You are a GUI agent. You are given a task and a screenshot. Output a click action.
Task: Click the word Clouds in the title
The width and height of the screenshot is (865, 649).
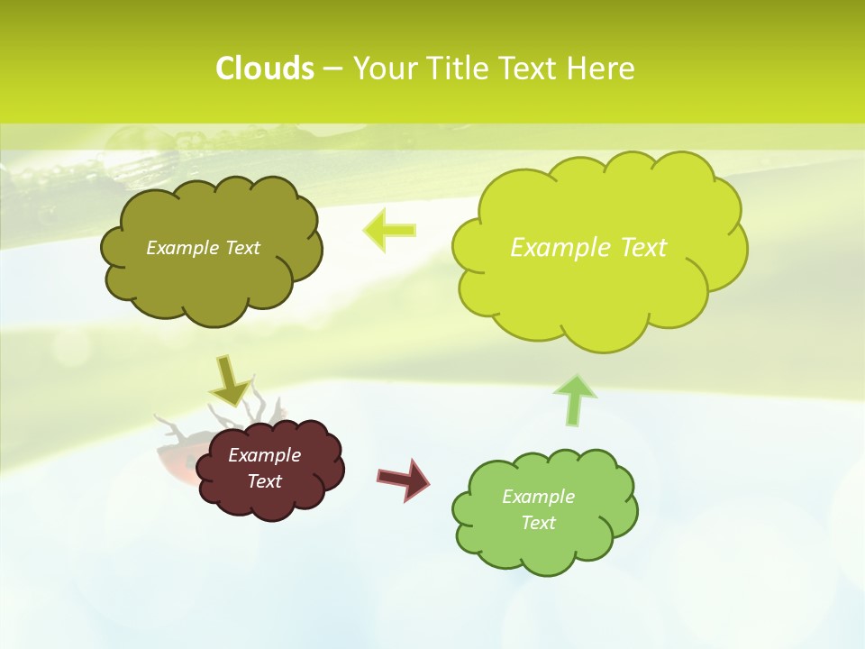pyautogui.click(x=265, y=69)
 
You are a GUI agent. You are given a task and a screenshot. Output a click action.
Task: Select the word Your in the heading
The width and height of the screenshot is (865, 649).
pyautogui.click(x=385, y=69)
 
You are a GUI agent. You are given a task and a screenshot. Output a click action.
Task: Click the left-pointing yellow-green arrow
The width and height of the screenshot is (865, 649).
pyautogui.click(x=389, y=230)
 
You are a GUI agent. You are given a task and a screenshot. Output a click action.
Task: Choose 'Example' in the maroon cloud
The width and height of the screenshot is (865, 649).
pyautogui.click(x=264, y=455)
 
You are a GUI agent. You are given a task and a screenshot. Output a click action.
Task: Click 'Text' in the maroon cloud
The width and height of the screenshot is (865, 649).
pyautogui.click(x=264, y=481)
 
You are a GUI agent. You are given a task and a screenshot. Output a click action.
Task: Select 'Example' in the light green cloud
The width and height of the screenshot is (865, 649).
pyautogui.click(x=538, y=497)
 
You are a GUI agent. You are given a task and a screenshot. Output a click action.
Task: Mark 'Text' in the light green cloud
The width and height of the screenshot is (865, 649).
pyautogui.click(x=538, y=523)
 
